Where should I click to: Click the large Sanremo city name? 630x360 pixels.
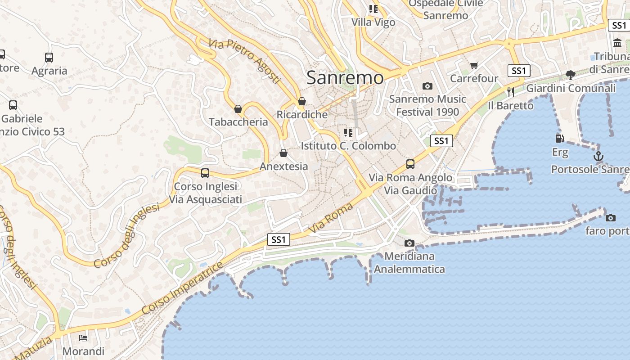coord(345,77)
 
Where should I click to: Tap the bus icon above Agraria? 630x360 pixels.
coord(49,58)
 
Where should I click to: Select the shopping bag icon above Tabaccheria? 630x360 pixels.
coord(238,109)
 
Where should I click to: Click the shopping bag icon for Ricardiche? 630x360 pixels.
coord(302,101)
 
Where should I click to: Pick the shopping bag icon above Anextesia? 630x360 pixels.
coord(283,153)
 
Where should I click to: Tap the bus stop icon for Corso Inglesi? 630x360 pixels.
coord(205,173)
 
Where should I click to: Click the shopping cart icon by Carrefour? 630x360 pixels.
coord(474,66)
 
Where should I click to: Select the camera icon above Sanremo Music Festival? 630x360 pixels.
coord(427,86)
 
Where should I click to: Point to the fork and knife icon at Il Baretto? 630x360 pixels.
coord(510,92)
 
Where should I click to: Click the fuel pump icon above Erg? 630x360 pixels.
coord(560,139)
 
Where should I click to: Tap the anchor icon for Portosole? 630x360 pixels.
coord(598,156)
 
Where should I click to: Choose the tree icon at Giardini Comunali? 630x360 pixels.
coord(570,75)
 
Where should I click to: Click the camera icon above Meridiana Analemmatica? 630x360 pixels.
coord(409,243)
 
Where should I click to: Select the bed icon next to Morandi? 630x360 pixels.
coord(83,337)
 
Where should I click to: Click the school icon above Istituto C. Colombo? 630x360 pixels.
coord(348,133)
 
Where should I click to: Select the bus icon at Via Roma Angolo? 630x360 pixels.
coord(410,164)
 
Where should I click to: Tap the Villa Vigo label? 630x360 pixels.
coord(373,22)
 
